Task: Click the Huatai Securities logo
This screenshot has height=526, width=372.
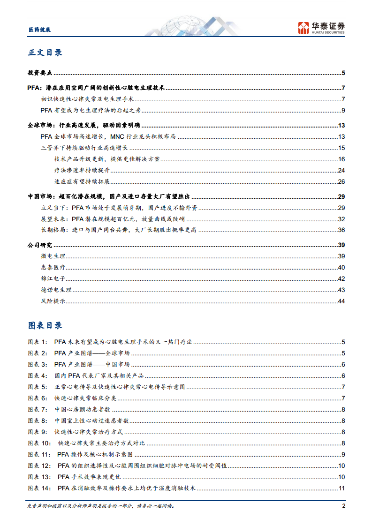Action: [x=322, y=28]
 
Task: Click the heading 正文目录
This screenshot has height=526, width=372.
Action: [x=45, y=53]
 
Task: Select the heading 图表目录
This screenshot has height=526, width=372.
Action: [x=45, y=325]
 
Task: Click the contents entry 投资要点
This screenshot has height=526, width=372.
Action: [x=40, y=73]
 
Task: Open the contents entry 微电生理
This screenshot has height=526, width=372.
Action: [x=53, y=256]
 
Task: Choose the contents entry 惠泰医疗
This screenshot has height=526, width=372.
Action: [x=53, y=267]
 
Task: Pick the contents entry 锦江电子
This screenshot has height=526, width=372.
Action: [x=53, y=278]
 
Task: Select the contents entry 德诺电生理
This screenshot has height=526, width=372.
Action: [x=56, y=290]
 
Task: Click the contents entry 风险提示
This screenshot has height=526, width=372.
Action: [x=53, y=301]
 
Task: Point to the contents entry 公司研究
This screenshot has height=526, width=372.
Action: [x=40, y=245]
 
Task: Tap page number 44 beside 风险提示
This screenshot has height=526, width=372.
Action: [x=341, y=301]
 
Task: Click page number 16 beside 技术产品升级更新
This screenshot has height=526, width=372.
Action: [x=341, y=159]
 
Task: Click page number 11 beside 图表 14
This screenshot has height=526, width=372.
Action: [x=342, y=488]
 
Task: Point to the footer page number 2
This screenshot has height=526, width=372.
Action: [x=343, y=506]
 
